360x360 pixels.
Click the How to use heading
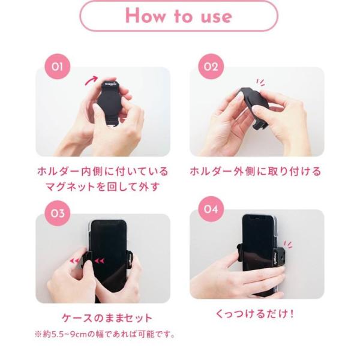click(x=179, y=16)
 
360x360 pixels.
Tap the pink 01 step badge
click(x=57, y=67)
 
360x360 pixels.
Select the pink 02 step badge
click(x=211, y=67)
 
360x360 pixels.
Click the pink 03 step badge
click(x=57, y=213)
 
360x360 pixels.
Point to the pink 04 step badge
click(x=211, y=209)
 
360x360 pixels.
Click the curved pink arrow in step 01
click(x=91, y=80)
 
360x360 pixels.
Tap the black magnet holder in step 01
click(x=109, y=99)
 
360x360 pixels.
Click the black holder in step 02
click(x=253, y=103)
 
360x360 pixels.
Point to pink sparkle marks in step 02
click(x=261, y=82)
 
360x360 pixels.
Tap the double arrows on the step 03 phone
click(x=100, y=261)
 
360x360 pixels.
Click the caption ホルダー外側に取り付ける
click(x=256, y=172)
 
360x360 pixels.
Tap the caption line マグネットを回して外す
click(x=103, y=187)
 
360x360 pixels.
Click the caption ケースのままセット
click(x=107, y=319)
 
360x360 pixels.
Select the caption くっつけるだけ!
click(x=255, y=314)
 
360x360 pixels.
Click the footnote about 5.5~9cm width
click(x=104, y=334)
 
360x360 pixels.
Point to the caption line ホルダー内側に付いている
click(x=103, y=172)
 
